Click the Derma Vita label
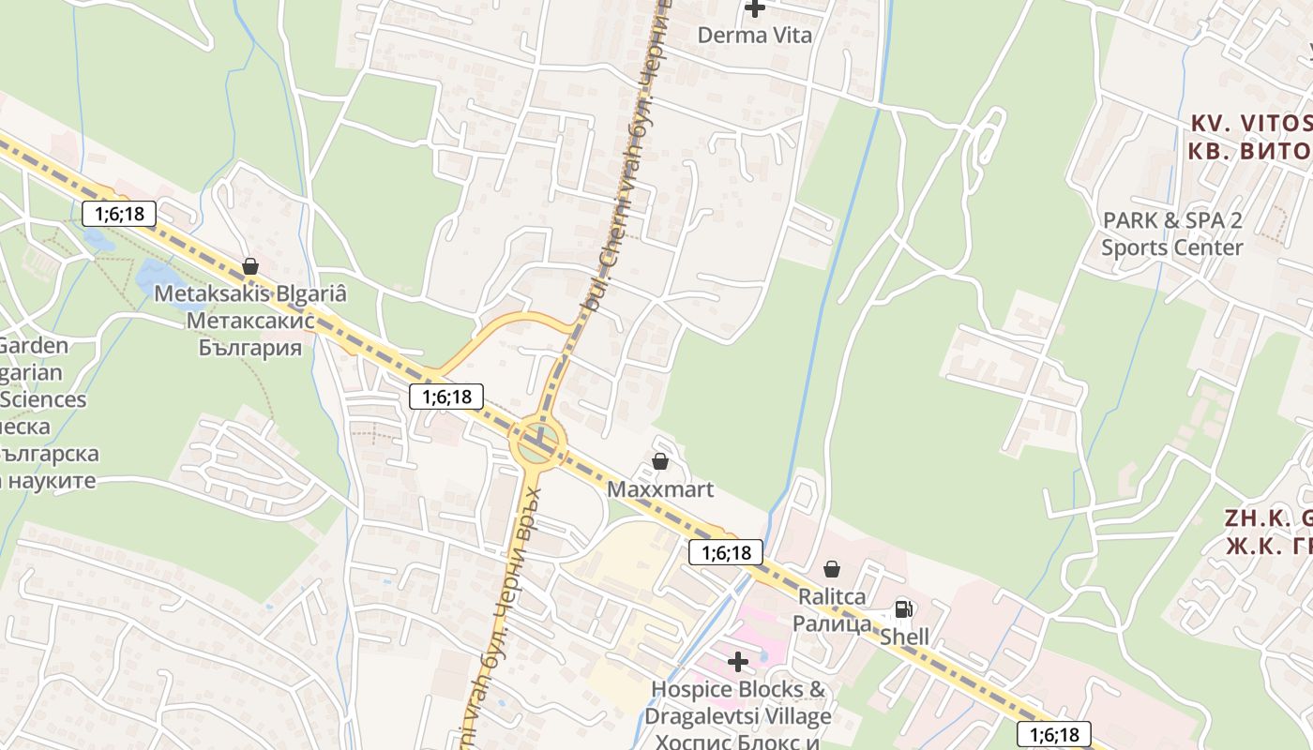[x=754, y=35]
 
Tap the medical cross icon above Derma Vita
[x=754, y=8]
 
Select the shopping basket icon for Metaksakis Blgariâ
[x=249, y=267]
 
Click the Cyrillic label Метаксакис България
[x=250, y=335]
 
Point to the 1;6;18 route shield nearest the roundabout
[x=446, y=397]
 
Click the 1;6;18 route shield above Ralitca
[x=726, y=552]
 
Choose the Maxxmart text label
[x=660, y=489]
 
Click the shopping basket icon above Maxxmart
[x=660, y=461]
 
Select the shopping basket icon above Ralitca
[x=831, y=569]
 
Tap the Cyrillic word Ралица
[x=832, y=623]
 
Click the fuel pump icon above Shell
[x=903, y=609]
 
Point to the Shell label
[x=904, y=637]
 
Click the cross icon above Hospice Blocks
[x=738, y=662]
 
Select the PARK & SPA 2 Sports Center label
[x=1172, y=233]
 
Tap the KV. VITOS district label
[x=1251, y=123]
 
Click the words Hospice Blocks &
[x=740, y=690]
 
